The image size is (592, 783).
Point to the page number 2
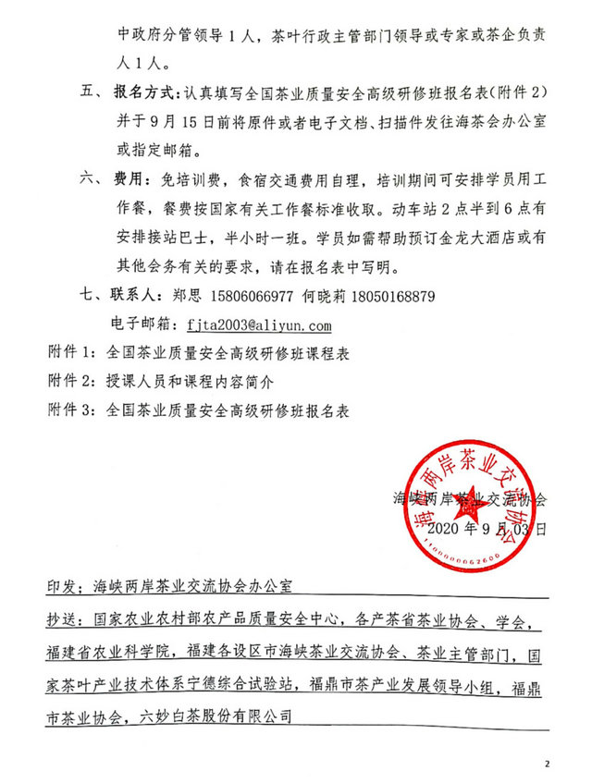(x=547, y=764)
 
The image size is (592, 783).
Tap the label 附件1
(x=71, y=352)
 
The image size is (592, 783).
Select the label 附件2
(x=71, y=380)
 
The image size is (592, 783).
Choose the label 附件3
(x=71, y=407)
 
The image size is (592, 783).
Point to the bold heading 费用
(x=128, y=176)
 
